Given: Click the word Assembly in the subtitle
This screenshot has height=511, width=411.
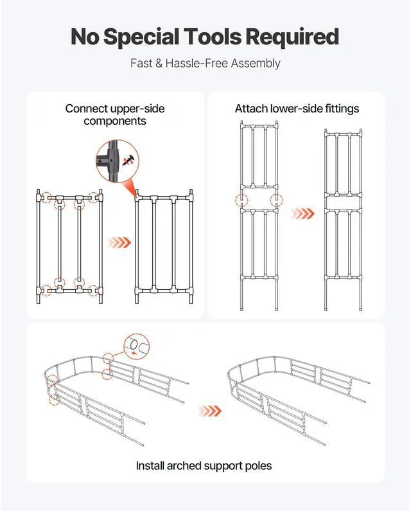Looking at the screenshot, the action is [x=256, y=64].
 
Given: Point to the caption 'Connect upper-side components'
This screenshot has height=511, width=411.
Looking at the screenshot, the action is [x=115, y=114].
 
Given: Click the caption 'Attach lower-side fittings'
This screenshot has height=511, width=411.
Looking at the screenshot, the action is [x=297, y=109].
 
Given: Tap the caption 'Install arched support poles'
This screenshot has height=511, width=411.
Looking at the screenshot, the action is [x=204, y=466].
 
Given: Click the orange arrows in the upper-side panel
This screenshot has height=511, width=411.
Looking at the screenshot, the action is [x=119, y=242].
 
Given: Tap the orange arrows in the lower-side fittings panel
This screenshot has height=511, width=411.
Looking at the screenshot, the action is [x=303, y=214].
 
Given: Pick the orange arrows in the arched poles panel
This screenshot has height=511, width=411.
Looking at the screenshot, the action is [x=210, y=411].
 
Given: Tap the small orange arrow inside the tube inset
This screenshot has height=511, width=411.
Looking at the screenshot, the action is [x=133, y=353].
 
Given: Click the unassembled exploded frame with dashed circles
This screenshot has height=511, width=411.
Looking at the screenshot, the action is [x=69, y=246].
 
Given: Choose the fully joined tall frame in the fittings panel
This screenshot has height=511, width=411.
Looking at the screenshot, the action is [x=343, y=220].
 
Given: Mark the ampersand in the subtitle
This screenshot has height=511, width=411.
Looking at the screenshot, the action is [x=159, y=63].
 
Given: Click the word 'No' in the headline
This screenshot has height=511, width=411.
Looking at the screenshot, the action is [x=85, y=37].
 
